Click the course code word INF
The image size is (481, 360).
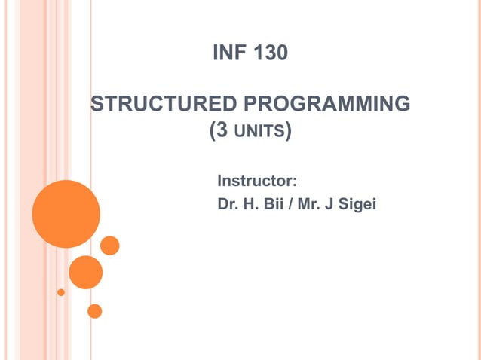click(x=228, y=54)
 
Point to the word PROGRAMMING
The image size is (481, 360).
click(x=327, y=103)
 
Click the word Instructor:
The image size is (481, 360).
click(x=257, y=181)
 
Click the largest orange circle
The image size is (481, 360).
click(x=66, y=214)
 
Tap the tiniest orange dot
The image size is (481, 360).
click(x=61, y=291)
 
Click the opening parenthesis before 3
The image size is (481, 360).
click(x=210, y=132)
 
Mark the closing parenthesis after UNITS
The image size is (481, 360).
click(x=288, y=132)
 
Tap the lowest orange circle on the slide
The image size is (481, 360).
click(x=94, y=310)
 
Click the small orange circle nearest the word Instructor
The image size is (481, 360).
click(x=110, y=246)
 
